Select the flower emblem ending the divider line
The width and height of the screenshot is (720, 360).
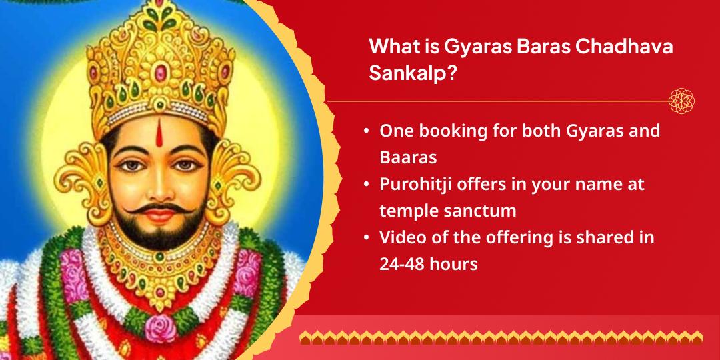pyautogui.click(x=681, y=101)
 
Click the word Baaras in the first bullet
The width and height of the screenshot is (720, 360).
pyautogui.click(x=408, y=157)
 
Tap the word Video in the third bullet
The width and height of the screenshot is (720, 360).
pyautogui.click(x=401, y=237)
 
